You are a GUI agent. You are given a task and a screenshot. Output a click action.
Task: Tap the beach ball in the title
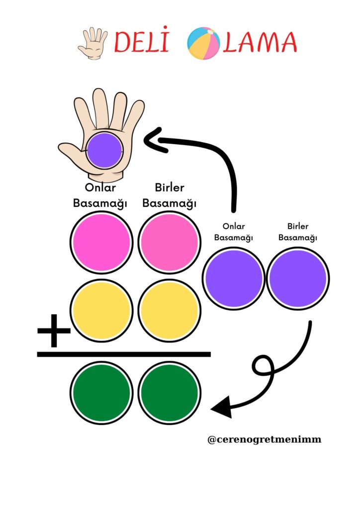(203, 43)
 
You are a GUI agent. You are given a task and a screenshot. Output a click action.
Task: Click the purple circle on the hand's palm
(104, 150)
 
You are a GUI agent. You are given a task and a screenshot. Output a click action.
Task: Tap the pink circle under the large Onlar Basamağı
(101, 243)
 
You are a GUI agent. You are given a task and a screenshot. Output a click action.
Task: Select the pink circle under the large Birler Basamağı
(169, 243)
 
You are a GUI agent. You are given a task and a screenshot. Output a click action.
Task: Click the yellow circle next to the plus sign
(101, 311)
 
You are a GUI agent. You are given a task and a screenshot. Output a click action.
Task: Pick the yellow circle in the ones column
(169, 311)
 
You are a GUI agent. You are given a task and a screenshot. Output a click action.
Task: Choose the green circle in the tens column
(101, 393)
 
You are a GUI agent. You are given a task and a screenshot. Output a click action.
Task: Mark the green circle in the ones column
(169, 393)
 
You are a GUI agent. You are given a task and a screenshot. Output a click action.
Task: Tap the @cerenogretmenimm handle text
(264, 439)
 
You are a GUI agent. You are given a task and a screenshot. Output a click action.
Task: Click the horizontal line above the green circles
(124, 354)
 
